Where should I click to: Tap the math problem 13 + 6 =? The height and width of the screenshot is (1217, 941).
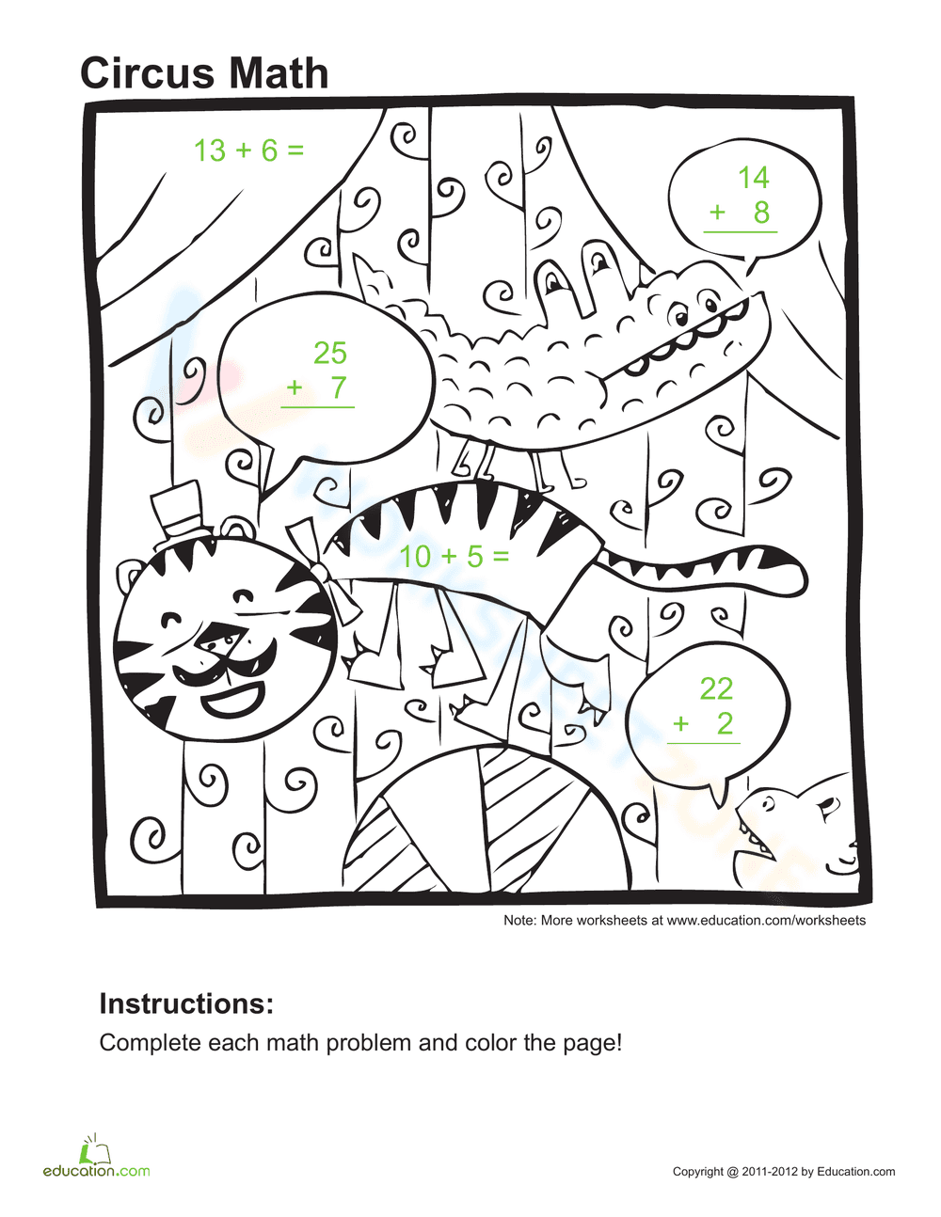(x=248, y=150)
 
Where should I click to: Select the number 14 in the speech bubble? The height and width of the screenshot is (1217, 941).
(x=753, y=178)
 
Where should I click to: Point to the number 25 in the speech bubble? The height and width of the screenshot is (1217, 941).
(x=329, y=354)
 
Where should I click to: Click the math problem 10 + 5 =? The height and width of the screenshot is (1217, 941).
(x=454, y=557)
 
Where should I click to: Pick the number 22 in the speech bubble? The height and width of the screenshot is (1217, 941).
(x=715, y=689)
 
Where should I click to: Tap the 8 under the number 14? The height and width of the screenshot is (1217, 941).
(x=761, y=213)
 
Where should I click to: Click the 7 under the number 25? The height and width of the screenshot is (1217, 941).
(x=339, y=387)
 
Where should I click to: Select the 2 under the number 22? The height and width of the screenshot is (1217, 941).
(x=725, y=723)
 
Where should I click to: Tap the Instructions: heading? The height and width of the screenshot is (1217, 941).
(x=186, y=1004)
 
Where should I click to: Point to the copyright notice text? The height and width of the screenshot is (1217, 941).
(x=784, y=1172)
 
